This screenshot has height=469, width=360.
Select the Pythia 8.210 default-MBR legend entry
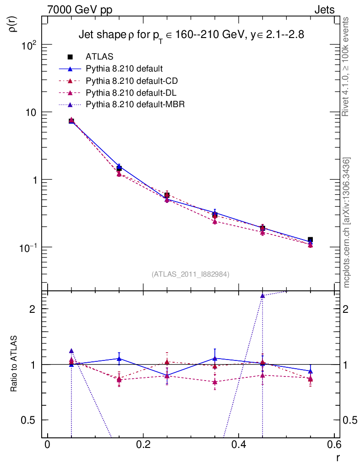135,104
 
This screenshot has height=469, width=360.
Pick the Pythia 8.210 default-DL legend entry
131,93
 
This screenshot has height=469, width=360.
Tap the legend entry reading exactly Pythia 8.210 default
124,69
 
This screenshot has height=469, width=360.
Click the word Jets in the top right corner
324,10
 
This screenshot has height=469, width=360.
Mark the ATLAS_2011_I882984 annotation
191,274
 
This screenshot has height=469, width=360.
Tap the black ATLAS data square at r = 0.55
311,240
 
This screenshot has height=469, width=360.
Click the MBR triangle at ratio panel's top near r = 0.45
262,295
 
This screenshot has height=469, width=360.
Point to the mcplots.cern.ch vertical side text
347,223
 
